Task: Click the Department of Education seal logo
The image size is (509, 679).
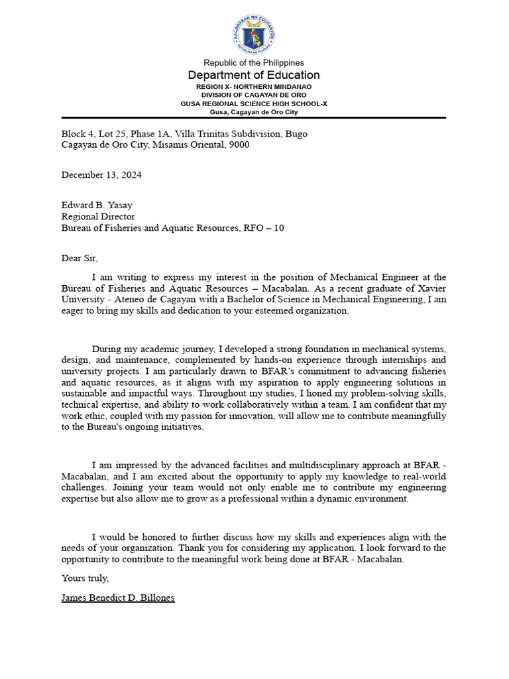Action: coord(254,34)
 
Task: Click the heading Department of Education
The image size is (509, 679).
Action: coord(254,75)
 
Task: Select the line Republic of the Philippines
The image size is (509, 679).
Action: coord(254,63)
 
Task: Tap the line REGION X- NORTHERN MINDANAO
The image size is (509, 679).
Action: coord(254,87)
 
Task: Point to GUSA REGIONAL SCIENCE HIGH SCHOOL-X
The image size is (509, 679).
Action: coord(254,104)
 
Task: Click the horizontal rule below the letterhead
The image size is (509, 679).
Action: coord(254,118)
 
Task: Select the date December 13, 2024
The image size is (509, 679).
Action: coord(101,175)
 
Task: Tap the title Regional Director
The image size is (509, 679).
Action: coord(98,216)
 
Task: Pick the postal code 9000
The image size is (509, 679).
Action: coord(239,145)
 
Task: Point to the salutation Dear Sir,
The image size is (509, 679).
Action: coord(80,259)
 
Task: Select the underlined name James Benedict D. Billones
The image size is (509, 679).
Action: coord(118,597)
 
